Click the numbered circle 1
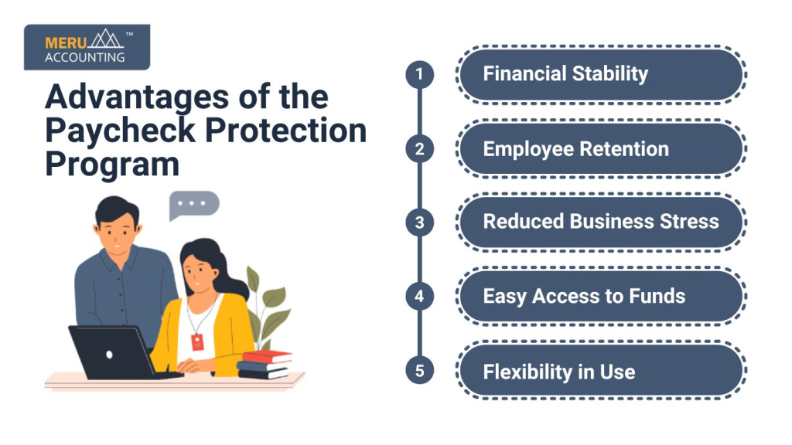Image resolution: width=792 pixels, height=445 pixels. (419, 74)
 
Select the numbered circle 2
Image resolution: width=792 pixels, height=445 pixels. (419, 149)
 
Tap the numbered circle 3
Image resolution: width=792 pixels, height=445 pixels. (419, 222)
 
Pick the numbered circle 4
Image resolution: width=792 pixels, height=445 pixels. (419, 296)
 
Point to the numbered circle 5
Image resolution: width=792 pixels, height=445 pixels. (419, 371)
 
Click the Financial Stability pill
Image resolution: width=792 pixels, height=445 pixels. (601, 75)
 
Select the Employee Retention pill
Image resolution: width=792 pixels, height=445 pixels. (601, 149)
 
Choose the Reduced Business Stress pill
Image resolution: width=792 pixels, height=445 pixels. (601, 222)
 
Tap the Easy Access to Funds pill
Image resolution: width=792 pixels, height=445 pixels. (601, 297)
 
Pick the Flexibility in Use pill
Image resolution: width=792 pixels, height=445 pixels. (601, 371)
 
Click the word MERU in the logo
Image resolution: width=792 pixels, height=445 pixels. (66, 43)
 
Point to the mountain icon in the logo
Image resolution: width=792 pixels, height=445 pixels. (105, 39)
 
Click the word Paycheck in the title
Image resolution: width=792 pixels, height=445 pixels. (120, 131)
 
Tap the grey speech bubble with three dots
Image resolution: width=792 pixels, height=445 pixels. (193, 205)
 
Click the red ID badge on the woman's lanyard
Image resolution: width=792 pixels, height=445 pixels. (197, 341)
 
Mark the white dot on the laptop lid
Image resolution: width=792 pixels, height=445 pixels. (109, 355)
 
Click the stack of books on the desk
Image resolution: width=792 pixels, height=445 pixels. (265, 365)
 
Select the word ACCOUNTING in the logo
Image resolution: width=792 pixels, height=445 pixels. (85, 57)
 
